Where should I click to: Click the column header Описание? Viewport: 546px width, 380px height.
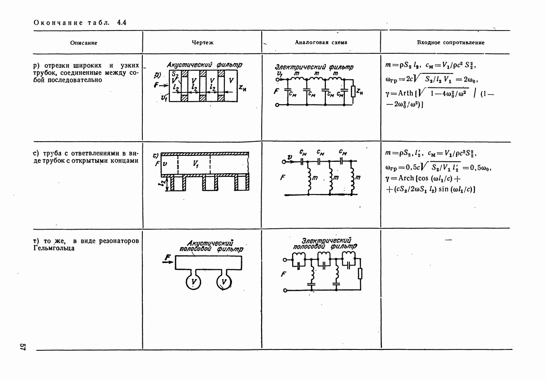(84, 43)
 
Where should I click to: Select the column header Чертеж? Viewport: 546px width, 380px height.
(202, 43)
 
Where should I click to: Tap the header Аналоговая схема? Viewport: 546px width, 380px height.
(321, 42)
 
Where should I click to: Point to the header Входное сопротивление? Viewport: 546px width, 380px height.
(451, 43)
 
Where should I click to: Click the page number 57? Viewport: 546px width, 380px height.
(22, 347)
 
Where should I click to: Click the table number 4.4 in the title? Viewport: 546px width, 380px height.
(121, 23)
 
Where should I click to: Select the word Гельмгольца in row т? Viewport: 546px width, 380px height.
(54, 248)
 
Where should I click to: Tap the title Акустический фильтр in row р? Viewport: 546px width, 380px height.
(204, 65)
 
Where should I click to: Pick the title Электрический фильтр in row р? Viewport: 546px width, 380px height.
(314, 67)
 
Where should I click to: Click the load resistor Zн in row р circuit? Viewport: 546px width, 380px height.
(353, 92)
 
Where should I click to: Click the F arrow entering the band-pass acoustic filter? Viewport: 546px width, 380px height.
(168, 262)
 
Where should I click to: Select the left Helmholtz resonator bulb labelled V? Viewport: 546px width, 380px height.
(193, 282)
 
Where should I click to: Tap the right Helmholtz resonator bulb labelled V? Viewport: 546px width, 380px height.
(224, 282)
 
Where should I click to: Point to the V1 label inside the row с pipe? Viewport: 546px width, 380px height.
(196, 164)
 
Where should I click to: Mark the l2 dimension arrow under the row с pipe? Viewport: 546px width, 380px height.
(167, 184)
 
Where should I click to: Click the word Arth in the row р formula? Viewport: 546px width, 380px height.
(405, 93)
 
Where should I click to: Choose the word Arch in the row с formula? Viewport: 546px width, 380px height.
(406, 178)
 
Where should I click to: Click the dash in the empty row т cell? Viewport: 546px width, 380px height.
(449, 240)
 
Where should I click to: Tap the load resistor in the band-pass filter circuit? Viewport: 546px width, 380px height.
(360, 273)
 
